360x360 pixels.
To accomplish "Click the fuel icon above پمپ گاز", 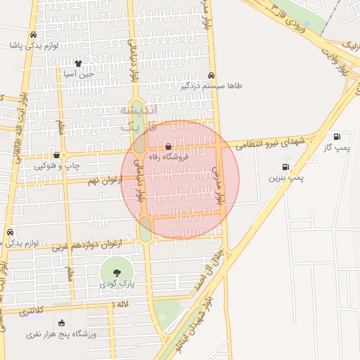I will [337, 136].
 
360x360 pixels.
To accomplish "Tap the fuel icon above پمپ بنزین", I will [285, 167].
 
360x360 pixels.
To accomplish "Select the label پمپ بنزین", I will [286, 179].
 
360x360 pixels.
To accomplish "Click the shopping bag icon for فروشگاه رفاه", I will [168, 147].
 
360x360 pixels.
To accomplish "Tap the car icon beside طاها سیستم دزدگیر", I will [212, 76].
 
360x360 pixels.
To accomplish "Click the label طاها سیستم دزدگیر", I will [212, 86].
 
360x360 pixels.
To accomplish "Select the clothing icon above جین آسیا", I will [88, 63].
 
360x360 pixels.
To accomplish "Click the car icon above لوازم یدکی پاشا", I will [33, 34].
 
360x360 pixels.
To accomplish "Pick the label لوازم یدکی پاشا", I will [32, 45].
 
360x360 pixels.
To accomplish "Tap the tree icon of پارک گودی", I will [115, 271].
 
